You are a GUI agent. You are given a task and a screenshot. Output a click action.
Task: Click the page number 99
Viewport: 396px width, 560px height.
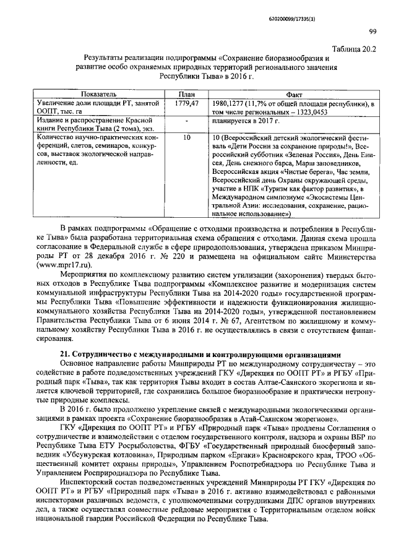click(372, 32)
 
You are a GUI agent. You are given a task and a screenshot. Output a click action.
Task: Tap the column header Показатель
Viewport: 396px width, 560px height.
click(93, 93)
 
